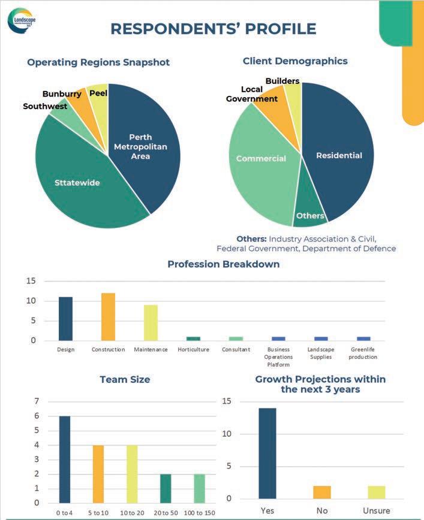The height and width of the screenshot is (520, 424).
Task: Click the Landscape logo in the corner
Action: click(x=20, y=20)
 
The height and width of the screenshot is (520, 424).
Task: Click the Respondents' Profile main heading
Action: click(x=213, y=29)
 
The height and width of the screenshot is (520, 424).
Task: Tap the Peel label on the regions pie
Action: click(x=98, y=93)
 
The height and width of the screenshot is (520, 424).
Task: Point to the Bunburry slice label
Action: click(x=62, y=94)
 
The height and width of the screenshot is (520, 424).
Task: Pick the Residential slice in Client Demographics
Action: click(x=339, y=156)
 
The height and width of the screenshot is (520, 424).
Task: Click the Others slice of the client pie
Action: click(x=309, y=215)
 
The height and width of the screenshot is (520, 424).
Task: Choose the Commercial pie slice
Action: click(x=261, y=159)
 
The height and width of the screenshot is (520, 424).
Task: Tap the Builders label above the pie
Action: click(x=282, y=80)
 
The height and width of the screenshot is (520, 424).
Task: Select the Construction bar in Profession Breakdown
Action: click(x=108, y=316)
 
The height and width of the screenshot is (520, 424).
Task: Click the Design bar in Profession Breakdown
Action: click(x=66, y=319)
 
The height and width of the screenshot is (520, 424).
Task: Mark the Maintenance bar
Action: click(x=151, y=322)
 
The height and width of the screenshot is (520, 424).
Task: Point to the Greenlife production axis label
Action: click(x=363, y=353)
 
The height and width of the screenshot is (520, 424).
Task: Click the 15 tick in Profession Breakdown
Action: click(x=32, y=281)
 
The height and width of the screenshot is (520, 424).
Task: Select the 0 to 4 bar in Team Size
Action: click(x=65, y=459)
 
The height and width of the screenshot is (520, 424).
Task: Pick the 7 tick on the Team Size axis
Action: click(x=37, y=401)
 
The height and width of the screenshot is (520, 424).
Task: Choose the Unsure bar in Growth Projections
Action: click(x=377, y=492)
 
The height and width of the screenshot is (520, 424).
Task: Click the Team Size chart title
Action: click(x=125, y=379)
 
